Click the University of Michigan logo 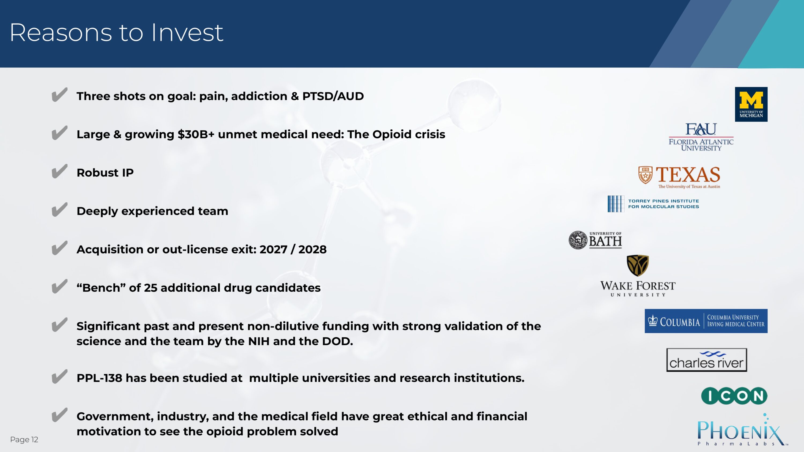click(x=751, y=104)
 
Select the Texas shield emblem click(x=645, y=175)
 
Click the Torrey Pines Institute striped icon click(x=616, y=204)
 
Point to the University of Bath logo click(x=595, y=240)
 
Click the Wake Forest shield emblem click(x=638, y=265)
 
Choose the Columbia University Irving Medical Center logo click(x=706, y=321)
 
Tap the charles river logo click(x=707, y=360)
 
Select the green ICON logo click(x=734, y=396)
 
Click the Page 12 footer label click(x=24, y=439)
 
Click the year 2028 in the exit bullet click(x=312, y=250)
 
